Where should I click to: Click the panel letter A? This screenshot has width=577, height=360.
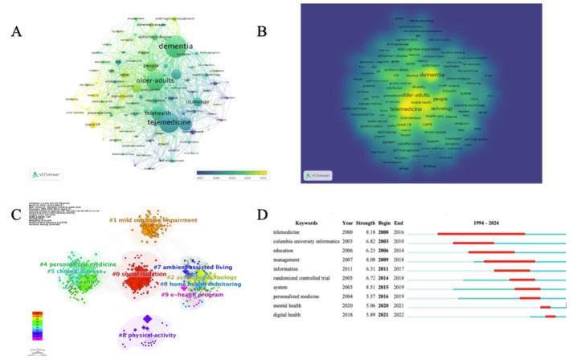coord(16,32)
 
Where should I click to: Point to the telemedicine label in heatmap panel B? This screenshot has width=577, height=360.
coord(399,109)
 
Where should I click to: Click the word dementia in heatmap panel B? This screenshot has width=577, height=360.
coord(432,75)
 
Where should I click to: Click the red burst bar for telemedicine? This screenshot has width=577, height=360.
coord(481,234)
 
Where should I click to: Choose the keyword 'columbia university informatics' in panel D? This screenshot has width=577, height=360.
coord(318,241)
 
